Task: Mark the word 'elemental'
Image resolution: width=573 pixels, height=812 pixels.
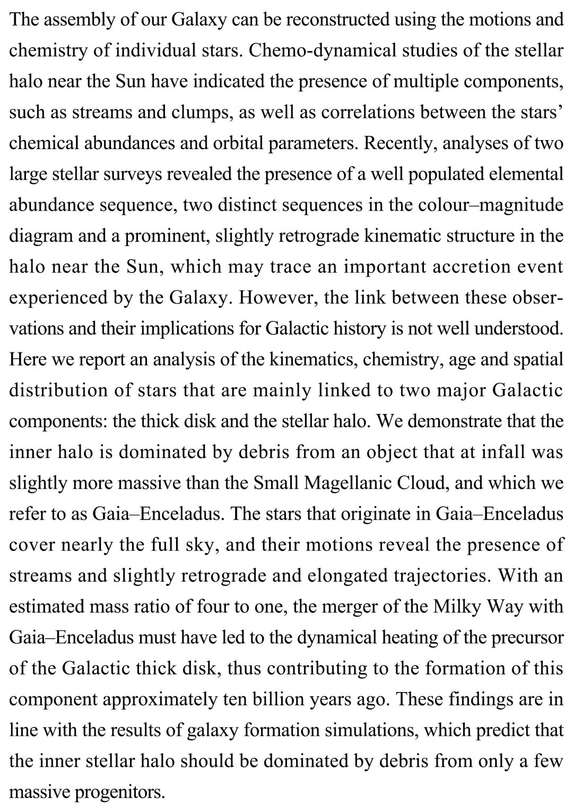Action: pos(522,174)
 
